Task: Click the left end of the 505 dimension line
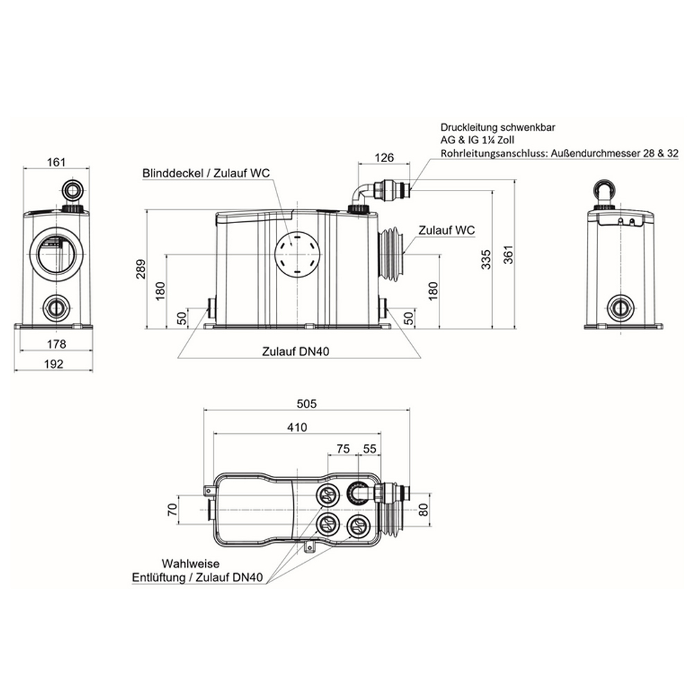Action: (x=203, y=410)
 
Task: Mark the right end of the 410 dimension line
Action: (x=381, y=434)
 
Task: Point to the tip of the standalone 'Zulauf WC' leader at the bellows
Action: (x=404, y=253)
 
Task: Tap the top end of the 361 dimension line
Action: (x=516, y=180)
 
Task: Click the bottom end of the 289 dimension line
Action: (x=146, y=328)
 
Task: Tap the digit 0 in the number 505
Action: (x=307, y=403)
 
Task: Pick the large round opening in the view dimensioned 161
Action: (x=55, y=254)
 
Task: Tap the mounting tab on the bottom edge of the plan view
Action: (x=309, y=546)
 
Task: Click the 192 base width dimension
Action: (x=53, y=364)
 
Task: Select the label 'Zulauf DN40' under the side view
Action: (x=296, y=352)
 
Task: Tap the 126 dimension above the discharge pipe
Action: (x=384, y=157)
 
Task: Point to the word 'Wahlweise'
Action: (x=190, y=564)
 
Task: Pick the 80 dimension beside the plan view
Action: (x=423, y=509)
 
